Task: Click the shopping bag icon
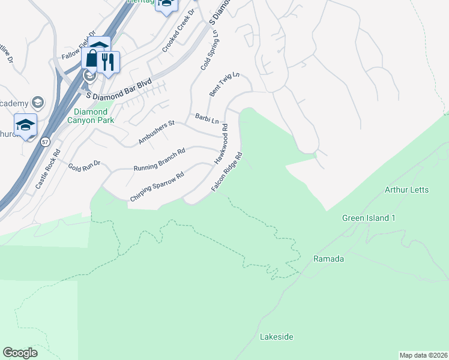point(92,59)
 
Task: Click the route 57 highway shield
point(46,142)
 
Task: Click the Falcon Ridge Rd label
point(226,172)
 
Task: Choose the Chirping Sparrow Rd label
point(156,187)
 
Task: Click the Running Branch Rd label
point(159,159)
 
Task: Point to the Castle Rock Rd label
point(48,170)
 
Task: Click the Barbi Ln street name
point(206,118)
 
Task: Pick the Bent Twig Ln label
point(224,85)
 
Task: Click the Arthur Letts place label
point(406,190)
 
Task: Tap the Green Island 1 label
point(369,218)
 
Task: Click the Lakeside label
point(276,337)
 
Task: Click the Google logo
point(20,353)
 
